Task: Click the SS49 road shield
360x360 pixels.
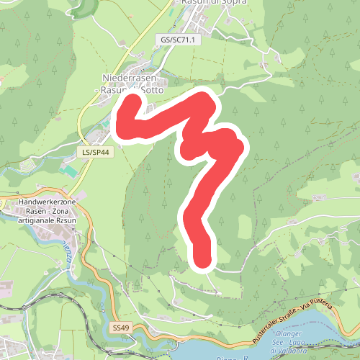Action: tap(120, 328)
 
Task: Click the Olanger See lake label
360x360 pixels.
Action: tap(289, 335)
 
